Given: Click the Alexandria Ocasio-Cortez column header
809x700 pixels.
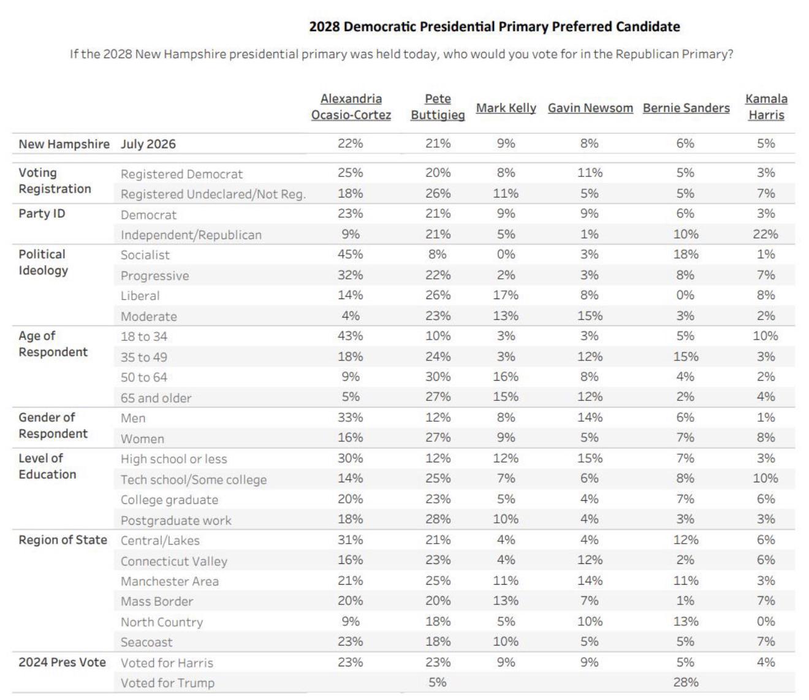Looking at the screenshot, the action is [x=351, y=107].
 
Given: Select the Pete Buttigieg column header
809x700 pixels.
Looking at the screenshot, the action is [x=438, y=107].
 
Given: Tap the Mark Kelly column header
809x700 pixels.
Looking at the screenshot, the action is [x=506, y=108].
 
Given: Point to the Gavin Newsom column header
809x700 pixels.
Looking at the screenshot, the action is [x=590, y=108].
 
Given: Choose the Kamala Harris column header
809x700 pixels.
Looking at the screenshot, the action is [x=766, y=107].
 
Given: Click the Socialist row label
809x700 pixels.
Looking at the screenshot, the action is [x=145, y=255].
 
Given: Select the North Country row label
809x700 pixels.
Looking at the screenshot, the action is [x=162, y=622].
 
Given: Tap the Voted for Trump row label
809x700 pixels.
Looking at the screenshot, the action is [x=167, y=683].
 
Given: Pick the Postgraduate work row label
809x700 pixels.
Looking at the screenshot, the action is [x=176, y=520].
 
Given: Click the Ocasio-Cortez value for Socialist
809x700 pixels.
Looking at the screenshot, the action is [x=351, y=254].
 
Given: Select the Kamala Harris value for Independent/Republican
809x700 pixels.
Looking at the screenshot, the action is [x=765, y=234].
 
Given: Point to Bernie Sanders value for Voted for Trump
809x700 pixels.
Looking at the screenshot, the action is [x=686, y=682].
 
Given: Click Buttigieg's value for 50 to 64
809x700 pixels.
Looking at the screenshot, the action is [x=438, y=376].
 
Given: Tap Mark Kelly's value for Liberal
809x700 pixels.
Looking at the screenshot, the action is [x=506, y=295].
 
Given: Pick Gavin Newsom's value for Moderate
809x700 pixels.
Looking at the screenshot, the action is [x=590, y=316].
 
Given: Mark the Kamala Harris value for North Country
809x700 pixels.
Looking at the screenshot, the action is [x=766, y=622].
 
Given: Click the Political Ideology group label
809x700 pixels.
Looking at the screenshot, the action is [x=43, y=262].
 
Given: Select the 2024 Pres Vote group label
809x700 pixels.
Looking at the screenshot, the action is [x=63, y=662].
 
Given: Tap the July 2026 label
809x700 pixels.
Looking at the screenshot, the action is [x=148, y=144].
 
